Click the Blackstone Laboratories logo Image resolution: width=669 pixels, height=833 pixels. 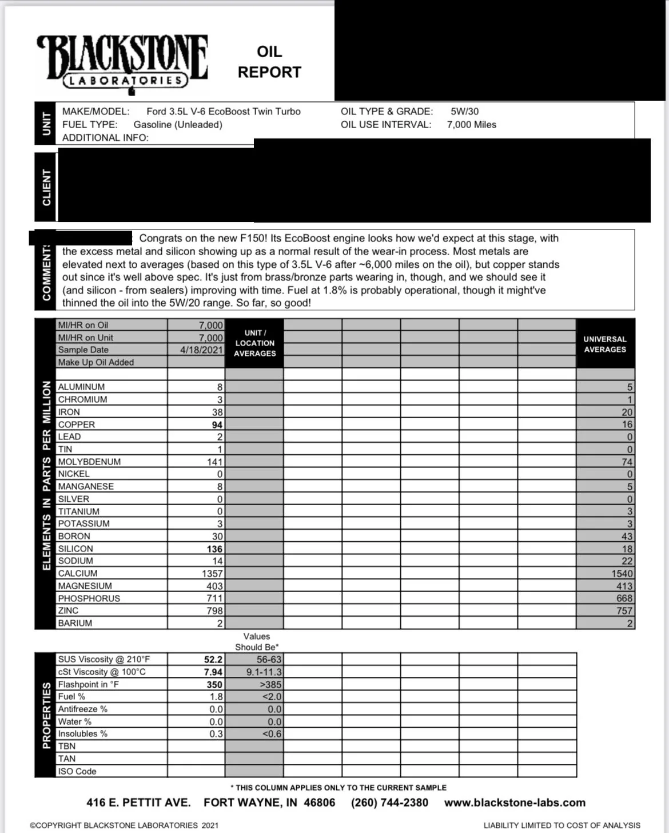pos(122,62)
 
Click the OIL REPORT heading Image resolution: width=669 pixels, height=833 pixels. pos(269,62)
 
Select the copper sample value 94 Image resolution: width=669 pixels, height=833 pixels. pos(217,425)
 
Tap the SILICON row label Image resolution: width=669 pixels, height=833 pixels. pos(75,549)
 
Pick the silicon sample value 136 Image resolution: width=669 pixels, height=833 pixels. pos(214,549)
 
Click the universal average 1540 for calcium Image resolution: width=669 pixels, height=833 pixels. pos(622,573)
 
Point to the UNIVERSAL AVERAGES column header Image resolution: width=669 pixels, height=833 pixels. pos(605,344)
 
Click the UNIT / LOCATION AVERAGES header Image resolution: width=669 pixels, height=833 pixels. pos(255,343)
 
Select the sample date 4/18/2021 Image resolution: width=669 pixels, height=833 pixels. pos(201,350)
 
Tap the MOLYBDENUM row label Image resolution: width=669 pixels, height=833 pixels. pos(89,462)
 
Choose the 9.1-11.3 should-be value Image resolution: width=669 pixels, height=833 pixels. pos(264,672)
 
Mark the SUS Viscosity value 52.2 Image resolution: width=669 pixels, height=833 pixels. pos(213,659)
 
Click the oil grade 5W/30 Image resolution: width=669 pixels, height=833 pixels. pos(464,112)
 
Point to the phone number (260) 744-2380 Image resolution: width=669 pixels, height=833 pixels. pos(389,803)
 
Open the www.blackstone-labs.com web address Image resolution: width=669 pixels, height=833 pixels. pos(515,803)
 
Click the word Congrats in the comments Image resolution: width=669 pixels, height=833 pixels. pos(161,238)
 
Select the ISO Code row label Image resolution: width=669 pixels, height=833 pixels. pos(77,771)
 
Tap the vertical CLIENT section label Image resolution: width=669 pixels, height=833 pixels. pos(46,187)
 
